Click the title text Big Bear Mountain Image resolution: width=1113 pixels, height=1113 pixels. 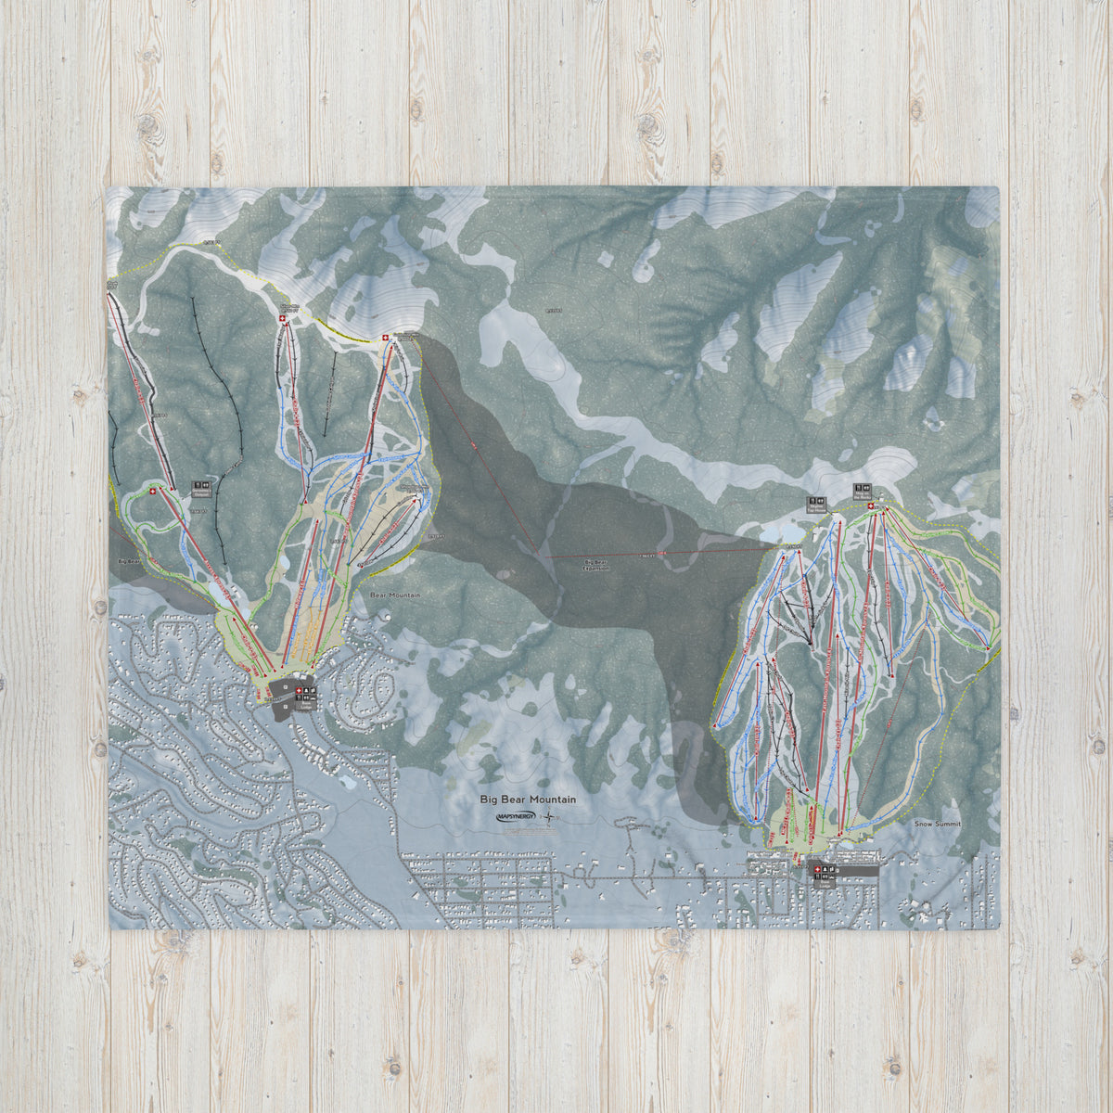click(528, 799)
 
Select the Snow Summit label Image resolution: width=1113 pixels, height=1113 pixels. click(937, 824)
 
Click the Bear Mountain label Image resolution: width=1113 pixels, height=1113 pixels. click(395, 595)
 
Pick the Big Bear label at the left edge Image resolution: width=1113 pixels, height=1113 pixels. click(129, 562)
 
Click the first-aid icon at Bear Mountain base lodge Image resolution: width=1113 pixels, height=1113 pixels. click(298, 691)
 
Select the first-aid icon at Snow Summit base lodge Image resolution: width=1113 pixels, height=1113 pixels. click(816, 869)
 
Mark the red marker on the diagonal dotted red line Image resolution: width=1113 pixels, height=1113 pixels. click(473, 446)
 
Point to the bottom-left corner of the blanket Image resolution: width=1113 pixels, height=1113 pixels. click(110, 927)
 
